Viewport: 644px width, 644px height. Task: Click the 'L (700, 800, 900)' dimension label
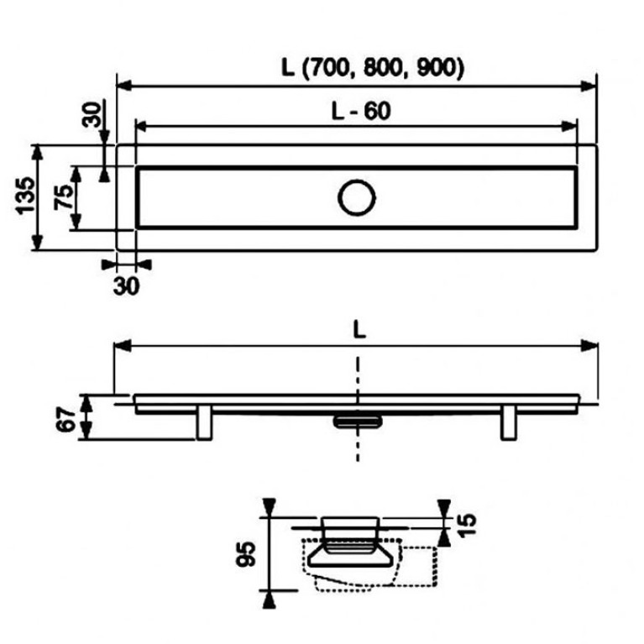click(373, 67)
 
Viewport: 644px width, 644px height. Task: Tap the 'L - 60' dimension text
click(361, 112)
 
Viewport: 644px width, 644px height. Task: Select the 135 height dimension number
click(25, 196)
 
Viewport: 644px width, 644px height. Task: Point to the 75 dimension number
click(64, 197)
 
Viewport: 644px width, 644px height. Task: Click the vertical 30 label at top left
click(92, 114)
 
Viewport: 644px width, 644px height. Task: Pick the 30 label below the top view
click(126, 286)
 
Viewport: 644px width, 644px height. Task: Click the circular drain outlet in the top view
click(357, 197)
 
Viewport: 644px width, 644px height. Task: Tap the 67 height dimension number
click(65, 419)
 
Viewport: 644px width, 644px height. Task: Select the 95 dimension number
click(246, 553)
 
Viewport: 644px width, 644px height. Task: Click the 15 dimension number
click(466, 526)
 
